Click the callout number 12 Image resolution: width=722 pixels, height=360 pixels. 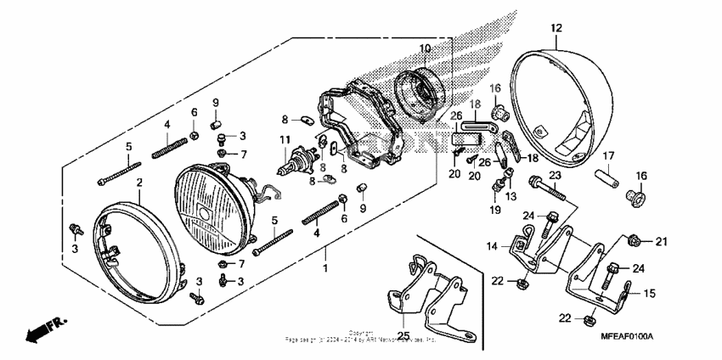tap(556, 28)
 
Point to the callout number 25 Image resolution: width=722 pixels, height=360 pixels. tap(403, 337)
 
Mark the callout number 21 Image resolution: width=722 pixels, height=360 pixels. tap(662, 242)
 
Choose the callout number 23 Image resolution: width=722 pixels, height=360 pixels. tap(555, 175)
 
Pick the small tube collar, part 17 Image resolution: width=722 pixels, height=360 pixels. tap(610, 180)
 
